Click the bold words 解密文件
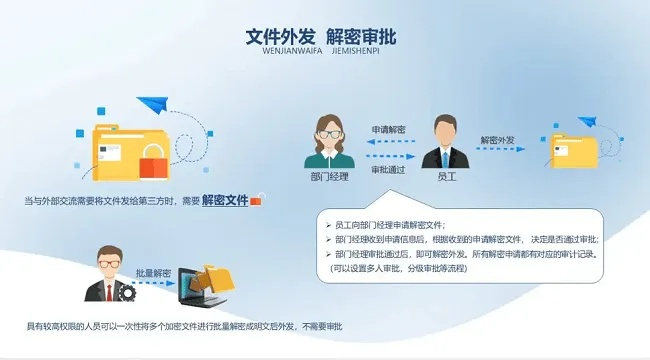click(224, 200)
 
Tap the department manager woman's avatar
click(329, 141)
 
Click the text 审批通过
click(388, 169)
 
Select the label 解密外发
click(497, 139)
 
